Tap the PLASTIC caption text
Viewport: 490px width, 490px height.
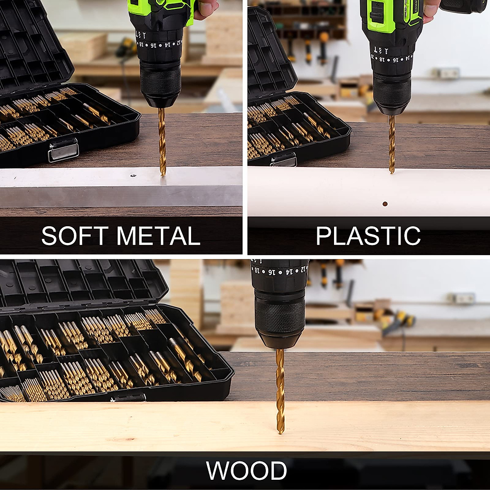(x=368, y=236)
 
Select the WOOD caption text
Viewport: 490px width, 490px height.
(x=247, y=471)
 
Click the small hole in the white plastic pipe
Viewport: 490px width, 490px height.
(x=384, y=204)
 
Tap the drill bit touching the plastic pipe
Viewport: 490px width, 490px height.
(x=392, y=143)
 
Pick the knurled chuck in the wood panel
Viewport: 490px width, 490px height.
(x=280, y=316)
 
